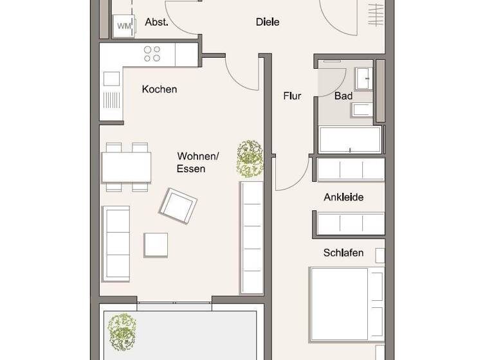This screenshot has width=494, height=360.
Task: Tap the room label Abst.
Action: point(156,22)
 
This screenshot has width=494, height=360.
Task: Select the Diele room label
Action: point(268,22)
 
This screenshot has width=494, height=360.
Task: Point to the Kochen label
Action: point(160,89)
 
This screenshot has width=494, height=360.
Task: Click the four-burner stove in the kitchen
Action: point(152,53)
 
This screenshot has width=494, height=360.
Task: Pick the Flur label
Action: point(292,96)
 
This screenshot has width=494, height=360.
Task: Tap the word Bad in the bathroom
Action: point(343,96)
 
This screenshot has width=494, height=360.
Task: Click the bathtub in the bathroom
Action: point(350,139)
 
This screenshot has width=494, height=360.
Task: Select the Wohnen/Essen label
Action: point(197,162)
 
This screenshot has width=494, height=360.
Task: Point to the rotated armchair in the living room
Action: point(178,205)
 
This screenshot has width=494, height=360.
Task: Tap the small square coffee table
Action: point(156,245)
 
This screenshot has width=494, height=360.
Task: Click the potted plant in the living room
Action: point(250,159)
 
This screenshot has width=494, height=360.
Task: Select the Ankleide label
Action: point(343,197)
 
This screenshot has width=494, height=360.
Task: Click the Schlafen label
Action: point(343,253)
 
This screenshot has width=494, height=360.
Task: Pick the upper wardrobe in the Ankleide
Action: point(351,169)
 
